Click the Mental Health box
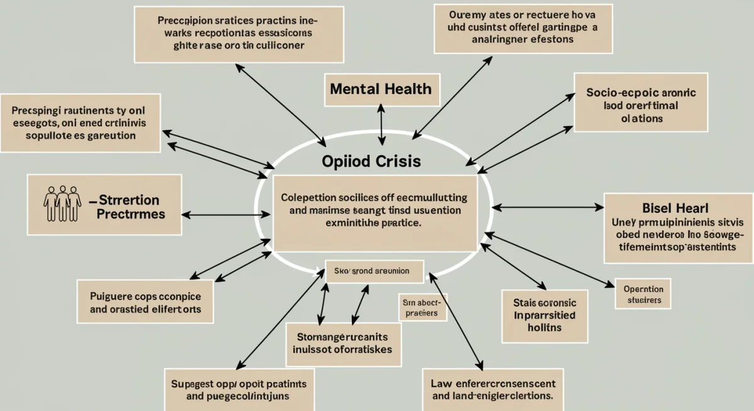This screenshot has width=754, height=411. click(x=381, y=89)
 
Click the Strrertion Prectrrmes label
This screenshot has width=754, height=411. click(x=130, y=207)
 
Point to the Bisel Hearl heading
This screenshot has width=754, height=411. click(x=679, y=208)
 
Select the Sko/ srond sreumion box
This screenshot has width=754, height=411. click(x=368, y=271)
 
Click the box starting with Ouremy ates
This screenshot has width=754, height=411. click(x=515, y=29)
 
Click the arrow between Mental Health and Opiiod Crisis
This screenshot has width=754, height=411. click(x=381, y=125)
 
